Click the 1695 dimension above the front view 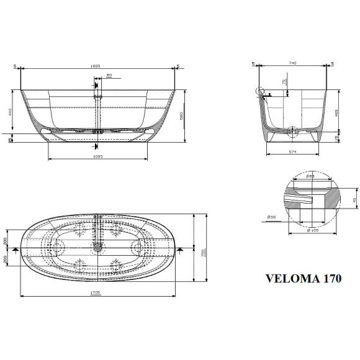click(x=96, y=65)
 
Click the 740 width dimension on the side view click(x=292, y=63)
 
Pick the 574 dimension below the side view click(x=291, y=153)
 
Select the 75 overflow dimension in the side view click(x=284, y=83)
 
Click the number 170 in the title click(x=329, y=279)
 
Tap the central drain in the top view click(x=97, y=248)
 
